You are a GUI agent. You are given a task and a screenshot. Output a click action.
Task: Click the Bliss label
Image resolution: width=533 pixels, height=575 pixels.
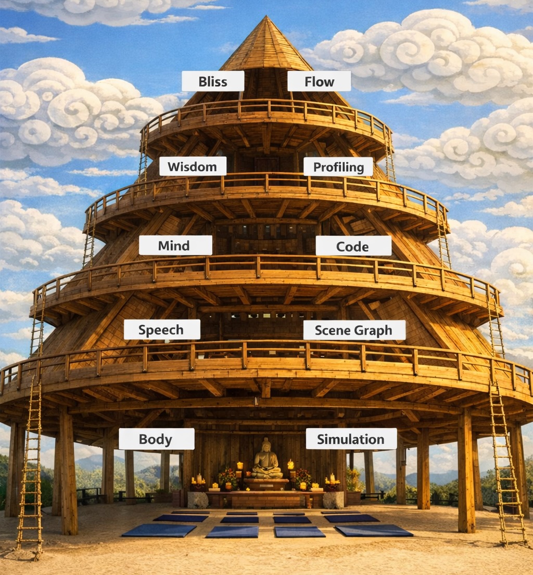[212, 81]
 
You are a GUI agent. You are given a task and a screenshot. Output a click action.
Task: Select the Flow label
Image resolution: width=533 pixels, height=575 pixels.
[319, 81]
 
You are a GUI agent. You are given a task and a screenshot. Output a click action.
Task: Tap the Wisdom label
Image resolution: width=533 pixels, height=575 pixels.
[193, 167]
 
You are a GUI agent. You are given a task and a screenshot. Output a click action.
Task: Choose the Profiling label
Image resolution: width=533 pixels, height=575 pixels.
[338, 167]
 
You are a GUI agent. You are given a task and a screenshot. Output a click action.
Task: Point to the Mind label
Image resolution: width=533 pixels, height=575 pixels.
[175, 245]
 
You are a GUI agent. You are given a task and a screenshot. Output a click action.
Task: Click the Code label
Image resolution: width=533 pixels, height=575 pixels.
[353, 246]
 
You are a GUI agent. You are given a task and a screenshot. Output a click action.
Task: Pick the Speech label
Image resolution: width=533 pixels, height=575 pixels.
[161, 329]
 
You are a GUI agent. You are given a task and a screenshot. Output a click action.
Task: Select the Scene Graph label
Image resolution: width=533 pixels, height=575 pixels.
[354, 330]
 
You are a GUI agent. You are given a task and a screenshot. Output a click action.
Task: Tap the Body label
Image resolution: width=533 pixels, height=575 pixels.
[156, 439]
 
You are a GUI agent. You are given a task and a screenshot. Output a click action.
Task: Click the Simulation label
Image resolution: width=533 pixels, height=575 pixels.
[351, 439]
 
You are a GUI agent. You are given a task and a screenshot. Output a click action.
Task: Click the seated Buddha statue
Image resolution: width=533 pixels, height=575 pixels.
[267, 461]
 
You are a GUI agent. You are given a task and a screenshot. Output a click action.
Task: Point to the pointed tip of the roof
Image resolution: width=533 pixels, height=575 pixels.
[266, 18]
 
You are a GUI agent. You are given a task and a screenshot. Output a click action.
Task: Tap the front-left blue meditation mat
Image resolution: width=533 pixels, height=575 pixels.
[159, 530]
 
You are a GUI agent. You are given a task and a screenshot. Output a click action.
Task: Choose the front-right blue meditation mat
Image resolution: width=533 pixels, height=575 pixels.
[373, 530]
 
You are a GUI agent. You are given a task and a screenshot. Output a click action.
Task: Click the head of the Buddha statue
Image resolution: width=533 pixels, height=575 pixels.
[266, 445]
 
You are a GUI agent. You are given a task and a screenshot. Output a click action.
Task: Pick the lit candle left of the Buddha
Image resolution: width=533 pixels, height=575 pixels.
[240, 466]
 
